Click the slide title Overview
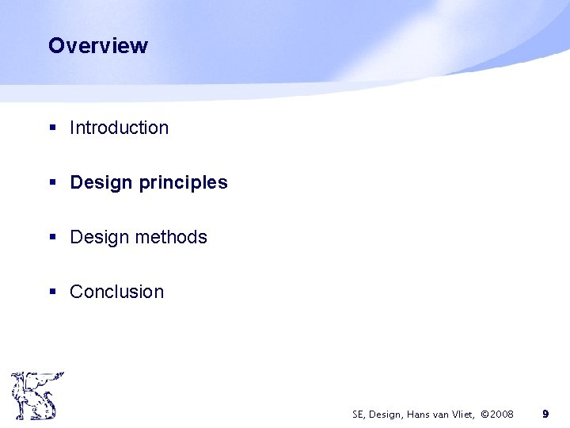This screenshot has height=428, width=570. point(97,45)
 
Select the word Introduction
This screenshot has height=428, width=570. point(119,128)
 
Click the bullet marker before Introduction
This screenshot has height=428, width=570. point(52,128)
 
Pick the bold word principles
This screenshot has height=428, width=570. point(183,183)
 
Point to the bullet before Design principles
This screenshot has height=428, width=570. point(52,183)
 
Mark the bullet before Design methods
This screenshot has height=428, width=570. point(52,238)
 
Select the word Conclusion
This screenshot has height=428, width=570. point(116,292)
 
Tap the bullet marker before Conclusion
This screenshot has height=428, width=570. point(52,292)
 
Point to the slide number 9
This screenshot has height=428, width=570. point(545,414)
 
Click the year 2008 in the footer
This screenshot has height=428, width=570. point(502,414)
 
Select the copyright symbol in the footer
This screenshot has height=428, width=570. point(485,414)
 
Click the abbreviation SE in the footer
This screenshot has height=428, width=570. point(358,414)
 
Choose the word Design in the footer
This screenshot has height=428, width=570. point(384,414)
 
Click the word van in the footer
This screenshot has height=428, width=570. point(439,414)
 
